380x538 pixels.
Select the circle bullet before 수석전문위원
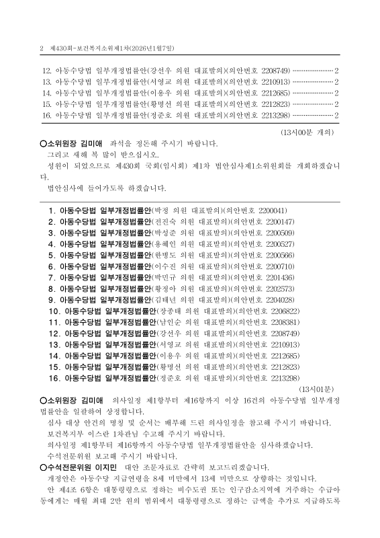(x=42, y=467)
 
